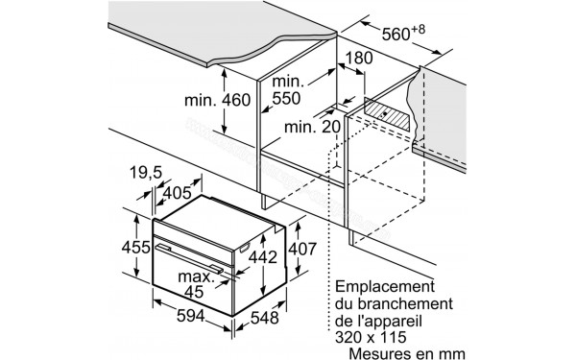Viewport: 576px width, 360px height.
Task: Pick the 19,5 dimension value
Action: pos(144,175)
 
